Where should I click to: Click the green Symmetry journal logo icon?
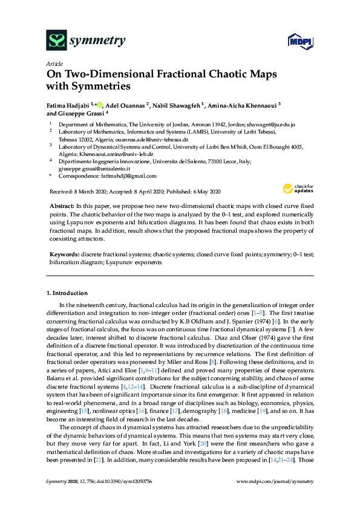click(56, 41)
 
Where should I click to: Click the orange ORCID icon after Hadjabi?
click(100, 104)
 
